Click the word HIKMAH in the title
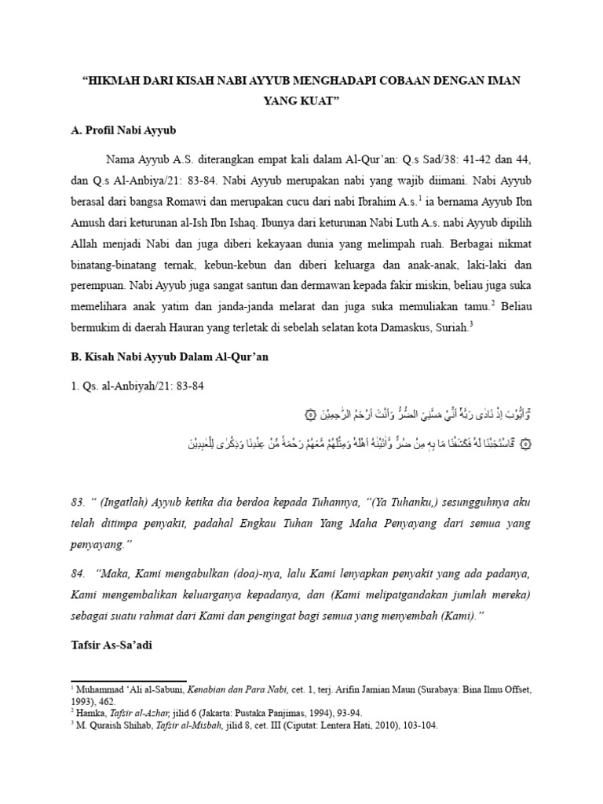coord(117,81)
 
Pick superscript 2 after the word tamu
coord(494,301)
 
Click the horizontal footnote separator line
coord(129,682)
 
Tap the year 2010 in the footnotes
coord(377,725)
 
